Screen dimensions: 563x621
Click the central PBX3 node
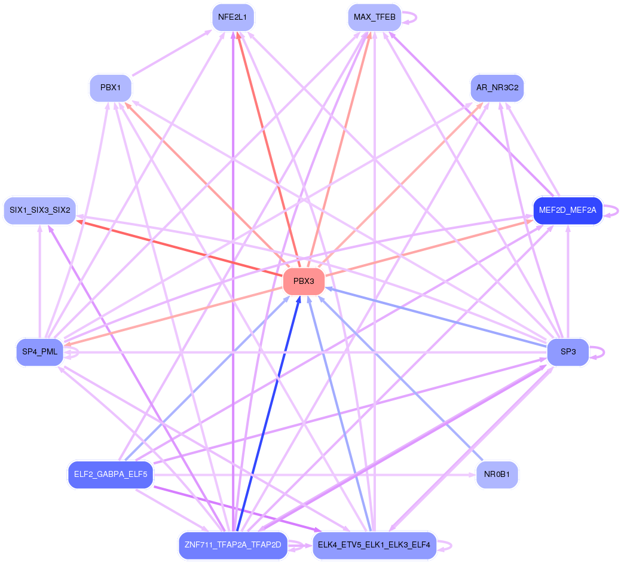[304, 281]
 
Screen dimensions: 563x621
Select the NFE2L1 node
[233, 17]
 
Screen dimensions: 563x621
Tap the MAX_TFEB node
[374, 17]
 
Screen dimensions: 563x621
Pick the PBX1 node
[111, 88]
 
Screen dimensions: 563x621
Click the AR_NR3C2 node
[497, 88]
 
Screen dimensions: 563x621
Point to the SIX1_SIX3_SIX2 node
[39, 210]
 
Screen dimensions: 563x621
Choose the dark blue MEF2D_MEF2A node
[567, 210]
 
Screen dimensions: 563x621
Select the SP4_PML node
[39, 352]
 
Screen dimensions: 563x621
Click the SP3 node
[568, 352]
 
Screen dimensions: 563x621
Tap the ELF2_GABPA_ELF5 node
[111, 475]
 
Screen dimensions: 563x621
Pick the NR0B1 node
[497, 475]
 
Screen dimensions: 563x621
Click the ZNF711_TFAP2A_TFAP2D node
[233, 545]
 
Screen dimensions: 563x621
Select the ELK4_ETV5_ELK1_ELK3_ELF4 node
[374, 545]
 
